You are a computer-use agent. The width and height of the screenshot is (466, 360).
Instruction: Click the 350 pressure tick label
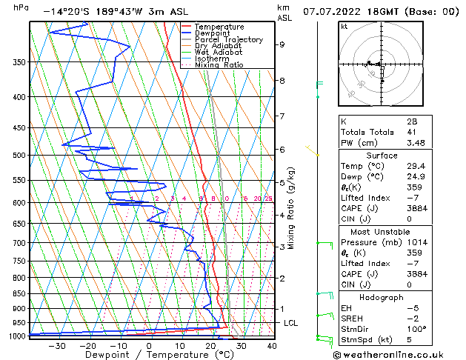tap(19, 62)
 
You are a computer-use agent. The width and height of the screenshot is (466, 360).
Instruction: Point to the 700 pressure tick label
tap(19, 243)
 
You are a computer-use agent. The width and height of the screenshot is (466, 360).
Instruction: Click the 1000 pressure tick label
tap(16, 336)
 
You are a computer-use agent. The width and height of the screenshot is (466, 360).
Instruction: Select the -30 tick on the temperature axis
tap(57, 345)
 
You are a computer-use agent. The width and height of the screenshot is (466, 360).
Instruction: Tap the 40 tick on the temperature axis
tap(273, 345)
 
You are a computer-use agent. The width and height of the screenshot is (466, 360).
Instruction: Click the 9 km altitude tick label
tap(282, 44)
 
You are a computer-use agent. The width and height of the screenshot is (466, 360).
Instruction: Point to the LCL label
tap(291, 323)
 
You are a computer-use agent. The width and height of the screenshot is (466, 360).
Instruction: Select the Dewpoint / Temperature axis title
tap(149, 355)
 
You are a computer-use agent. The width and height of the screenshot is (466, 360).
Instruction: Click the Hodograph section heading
tap(382, 297)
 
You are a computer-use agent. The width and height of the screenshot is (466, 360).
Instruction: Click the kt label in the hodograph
tap(344, 27)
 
